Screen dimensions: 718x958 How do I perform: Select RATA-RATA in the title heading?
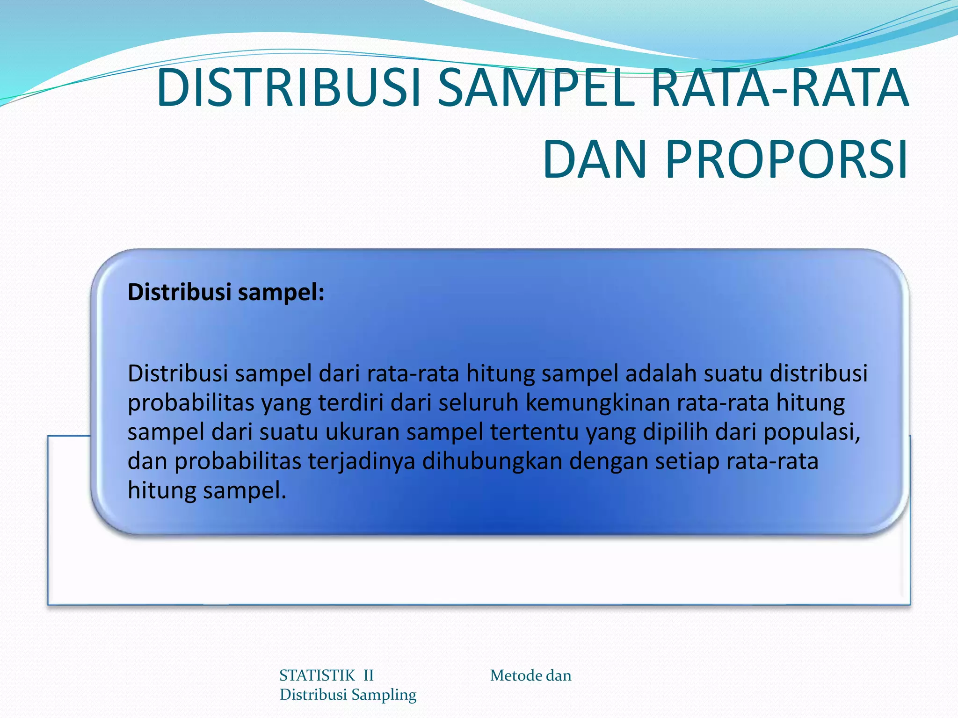tap(779, 88)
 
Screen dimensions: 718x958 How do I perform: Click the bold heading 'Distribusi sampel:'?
tap(226, 293)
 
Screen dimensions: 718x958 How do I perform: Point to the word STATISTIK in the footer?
tap(317, 675)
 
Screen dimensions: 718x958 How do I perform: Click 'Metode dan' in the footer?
tap(530, 675)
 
